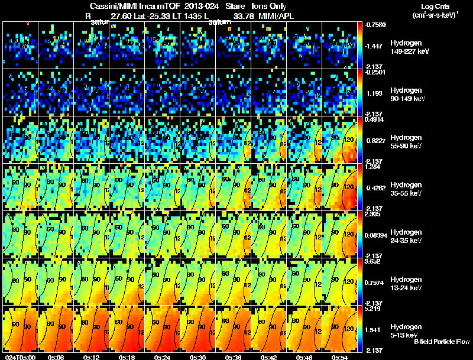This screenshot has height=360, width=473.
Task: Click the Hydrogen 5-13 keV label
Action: pyautogui.click(x=406, y=330)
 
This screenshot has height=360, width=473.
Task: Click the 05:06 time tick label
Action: pyautogui.click(x=56, y=357)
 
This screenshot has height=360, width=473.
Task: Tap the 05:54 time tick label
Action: pyautogui.click(x=340, y=357)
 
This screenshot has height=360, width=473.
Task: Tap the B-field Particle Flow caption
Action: pyautogui.click(x=442, y=342)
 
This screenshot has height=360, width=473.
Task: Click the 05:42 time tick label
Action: pyautogui.click(x=269, y=357)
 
